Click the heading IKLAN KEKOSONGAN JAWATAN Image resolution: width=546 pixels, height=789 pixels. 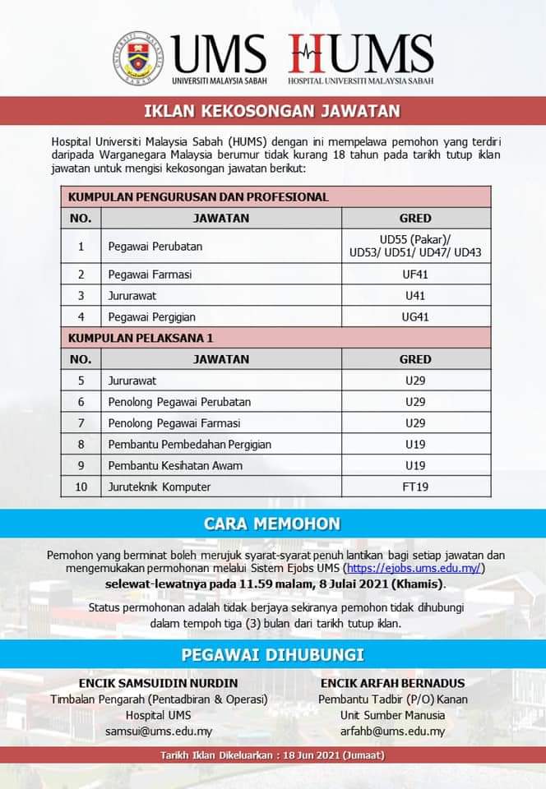(272, 110)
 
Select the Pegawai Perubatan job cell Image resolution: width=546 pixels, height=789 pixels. (155, 246)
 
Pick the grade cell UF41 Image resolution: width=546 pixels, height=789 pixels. (415, 275)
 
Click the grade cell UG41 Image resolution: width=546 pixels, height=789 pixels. (415, 316)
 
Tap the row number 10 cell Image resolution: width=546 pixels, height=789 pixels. (81, 487)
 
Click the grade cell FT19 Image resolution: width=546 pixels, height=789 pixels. (415, 487)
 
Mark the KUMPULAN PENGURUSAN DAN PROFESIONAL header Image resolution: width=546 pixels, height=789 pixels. (198, 197)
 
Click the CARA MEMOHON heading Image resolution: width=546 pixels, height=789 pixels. (272, 524)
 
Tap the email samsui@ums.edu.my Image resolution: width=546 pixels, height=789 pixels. (159, 731)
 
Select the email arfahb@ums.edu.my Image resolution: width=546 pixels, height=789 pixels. (393, 731)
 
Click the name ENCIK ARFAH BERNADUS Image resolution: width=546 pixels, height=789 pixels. (393, 683)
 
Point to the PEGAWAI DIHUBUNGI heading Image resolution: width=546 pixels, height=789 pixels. (272, 655)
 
